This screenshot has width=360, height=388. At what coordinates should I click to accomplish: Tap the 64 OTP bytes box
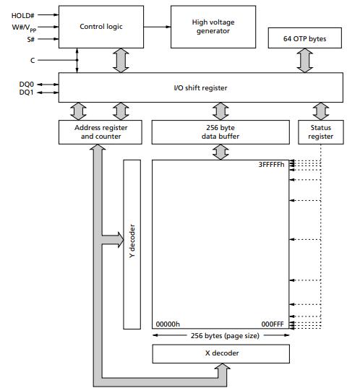tap(305, 39)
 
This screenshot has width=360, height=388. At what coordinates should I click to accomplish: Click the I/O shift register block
tap(200, 87)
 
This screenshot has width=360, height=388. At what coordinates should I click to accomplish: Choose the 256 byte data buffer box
tap(220, 131)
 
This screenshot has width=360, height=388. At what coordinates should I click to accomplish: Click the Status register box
tap(320, 131)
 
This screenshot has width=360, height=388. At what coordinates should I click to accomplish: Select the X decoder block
tap(220, 353)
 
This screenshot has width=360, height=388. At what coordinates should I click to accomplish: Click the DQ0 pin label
tap(26, 84)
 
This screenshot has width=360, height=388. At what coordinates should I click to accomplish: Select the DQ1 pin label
tap(26, 92)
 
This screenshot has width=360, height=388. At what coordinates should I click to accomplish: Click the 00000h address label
tap(168, 324)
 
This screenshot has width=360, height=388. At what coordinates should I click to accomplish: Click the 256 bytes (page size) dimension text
tap(220, 335)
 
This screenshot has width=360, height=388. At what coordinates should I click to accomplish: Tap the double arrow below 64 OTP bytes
tap(305, 61)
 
